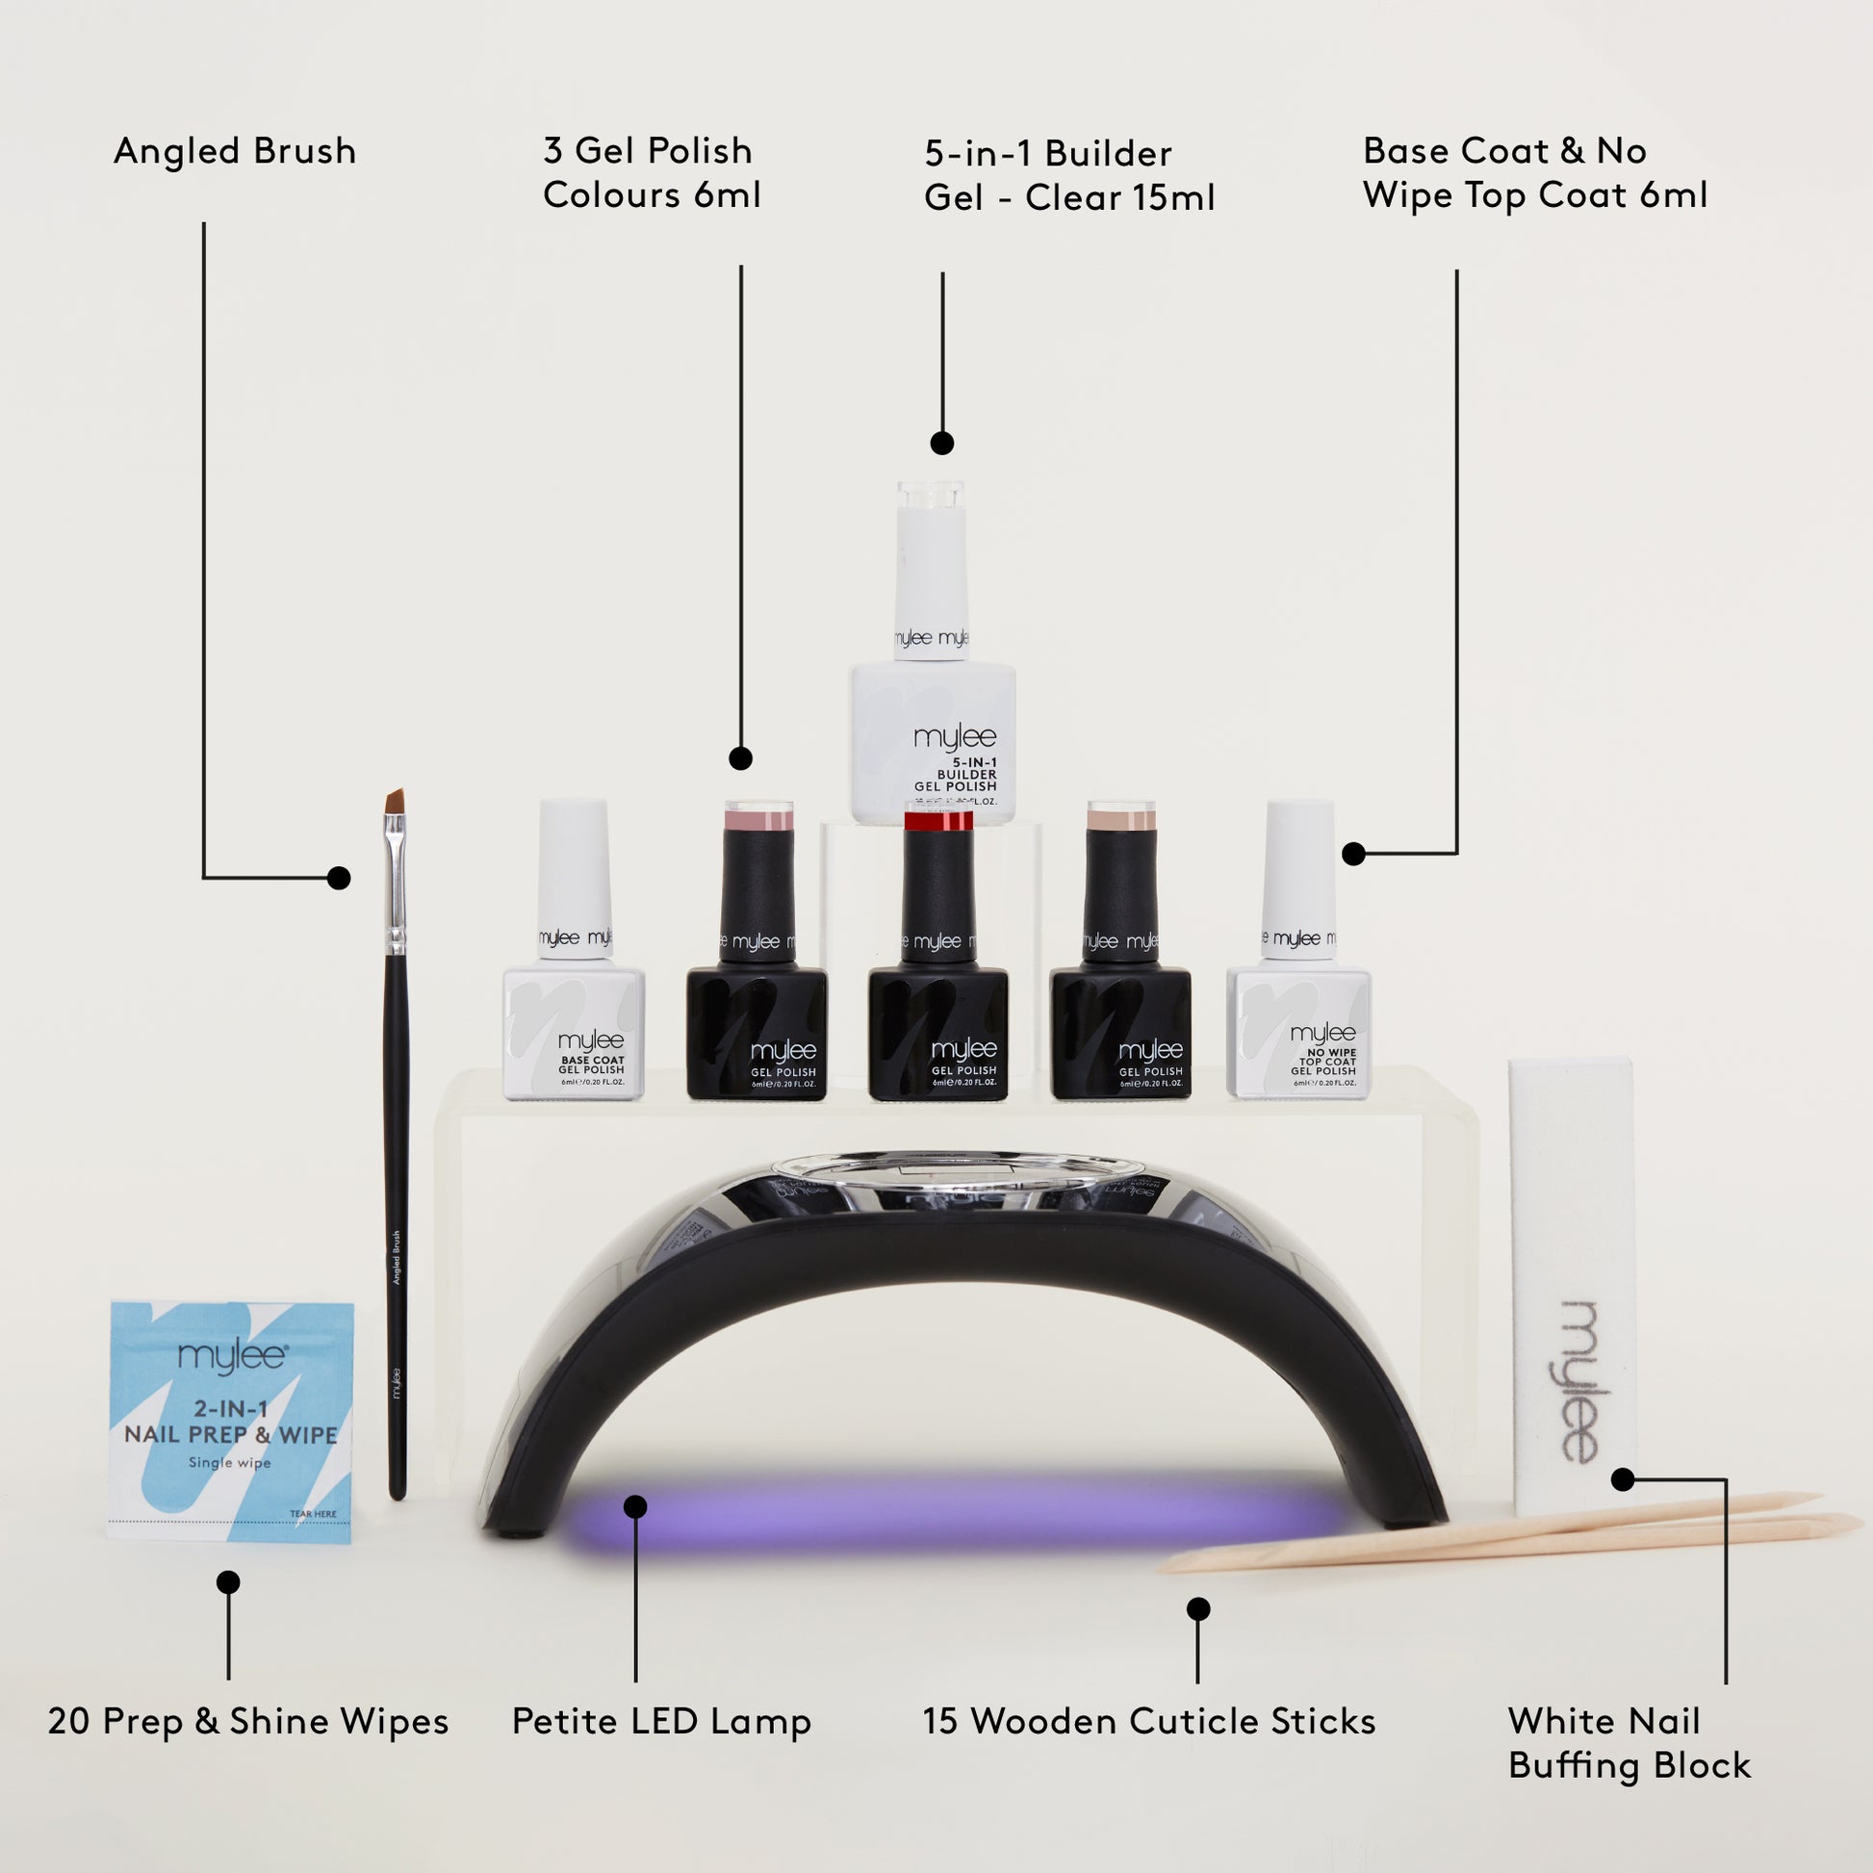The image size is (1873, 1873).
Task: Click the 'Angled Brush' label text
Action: pyautogui.click(x=235, y=151)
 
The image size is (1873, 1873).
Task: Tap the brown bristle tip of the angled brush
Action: pyautogui.click(x=395, y=800)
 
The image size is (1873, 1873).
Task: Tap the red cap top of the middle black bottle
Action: pyautogui.click(x=937, y=821)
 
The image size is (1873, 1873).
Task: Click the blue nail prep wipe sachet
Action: pyautogui.click(x=231, y=1420)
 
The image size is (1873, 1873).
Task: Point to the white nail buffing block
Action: pyautogui.click(x=1573, y=1290)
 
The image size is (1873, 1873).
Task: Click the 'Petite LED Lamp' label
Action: pyautogui.click(x=661, y=1722)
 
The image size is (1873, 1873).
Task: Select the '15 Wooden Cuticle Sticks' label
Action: pyautogui.click(x=1149, y=1722)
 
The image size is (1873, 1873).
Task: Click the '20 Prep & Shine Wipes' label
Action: pyautogui.click(x=248, y=1722)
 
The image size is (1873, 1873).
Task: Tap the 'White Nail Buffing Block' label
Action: pyautogui.click(x=1629, y=1743)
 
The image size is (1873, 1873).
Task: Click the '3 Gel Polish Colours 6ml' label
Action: pyautogui.click(x=652, y=172)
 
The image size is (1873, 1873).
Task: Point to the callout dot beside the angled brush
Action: pyautogui.click(x=339, y=878)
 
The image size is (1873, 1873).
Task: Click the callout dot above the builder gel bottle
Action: pyautogui.click(x=941, y=443)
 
